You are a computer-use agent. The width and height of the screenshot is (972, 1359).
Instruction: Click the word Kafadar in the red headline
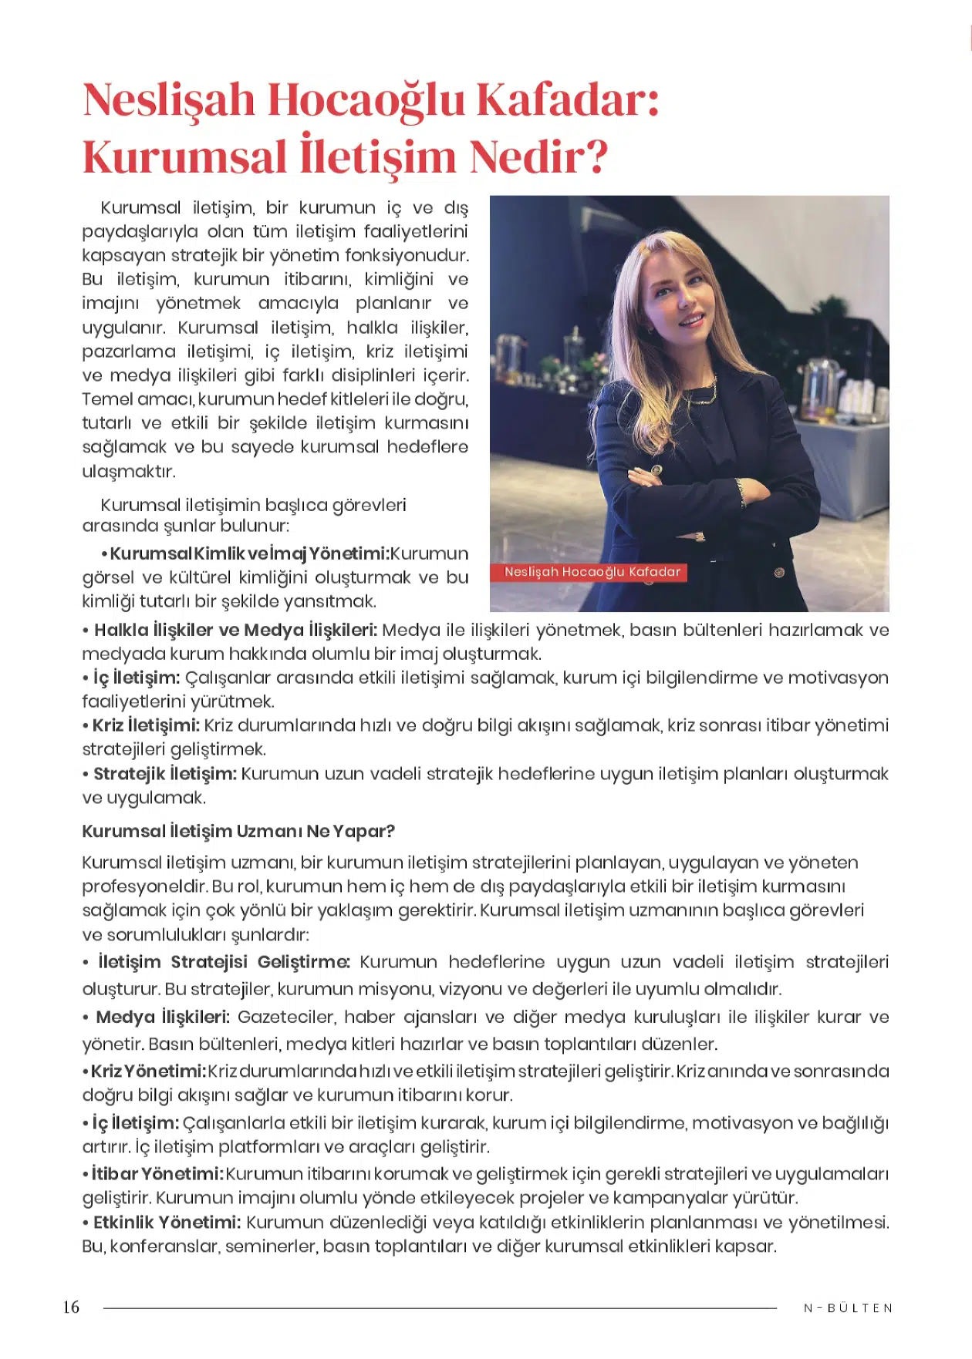[567, 100]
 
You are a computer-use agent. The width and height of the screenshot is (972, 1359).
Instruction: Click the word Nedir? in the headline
[538, 156]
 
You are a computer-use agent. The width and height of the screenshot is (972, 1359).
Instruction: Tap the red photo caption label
[592, 572]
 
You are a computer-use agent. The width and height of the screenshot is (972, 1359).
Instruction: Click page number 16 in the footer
[71, 1307]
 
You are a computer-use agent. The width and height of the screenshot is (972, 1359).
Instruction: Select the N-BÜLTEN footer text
[848, 1308]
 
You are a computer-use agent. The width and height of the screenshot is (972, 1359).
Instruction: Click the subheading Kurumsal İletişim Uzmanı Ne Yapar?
[238, 831]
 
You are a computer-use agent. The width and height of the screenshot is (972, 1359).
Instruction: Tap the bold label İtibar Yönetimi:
[157, 1174]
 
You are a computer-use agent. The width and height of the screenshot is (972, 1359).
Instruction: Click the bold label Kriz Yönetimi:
[148, 1071]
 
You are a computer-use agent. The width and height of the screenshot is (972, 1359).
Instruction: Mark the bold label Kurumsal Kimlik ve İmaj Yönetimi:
[248, 553]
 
